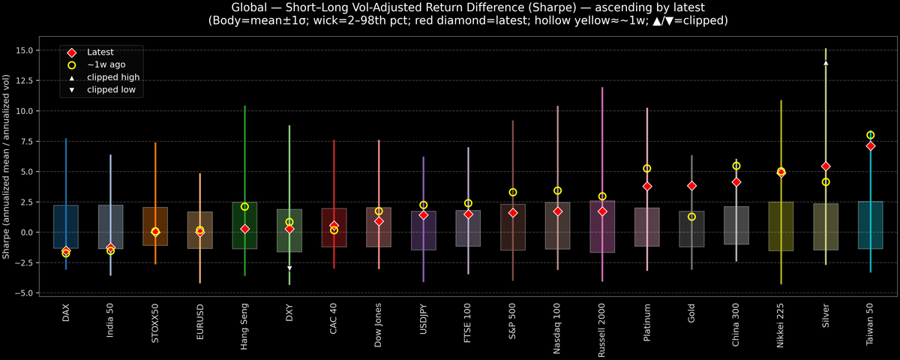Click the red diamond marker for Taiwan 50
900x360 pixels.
870,146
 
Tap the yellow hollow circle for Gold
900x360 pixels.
691,217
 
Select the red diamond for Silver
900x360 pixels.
826,166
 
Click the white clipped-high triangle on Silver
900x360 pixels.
826,63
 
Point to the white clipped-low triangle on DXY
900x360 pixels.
289,268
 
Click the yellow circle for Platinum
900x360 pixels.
646,169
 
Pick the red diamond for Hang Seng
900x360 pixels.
244,229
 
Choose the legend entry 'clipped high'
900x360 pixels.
112,77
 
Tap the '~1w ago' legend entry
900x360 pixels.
106,64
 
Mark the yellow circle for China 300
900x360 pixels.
736,166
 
